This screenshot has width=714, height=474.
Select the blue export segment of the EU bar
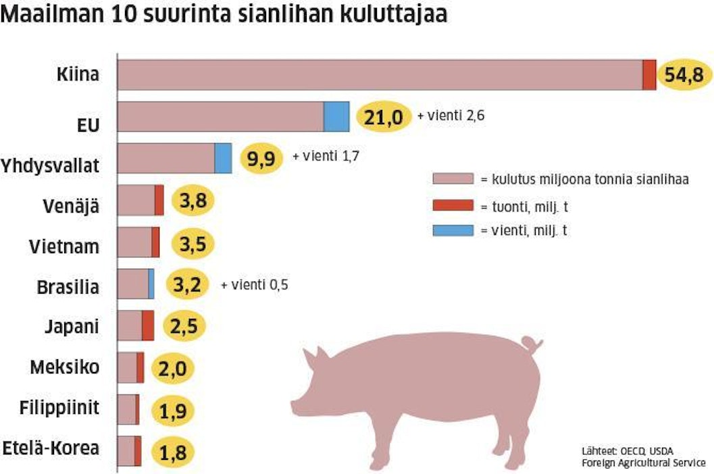(x=336, y=116)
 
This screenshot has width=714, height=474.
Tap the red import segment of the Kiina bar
(x=649, y=74)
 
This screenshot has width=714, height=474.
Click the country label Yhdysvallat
(x=51, y=165)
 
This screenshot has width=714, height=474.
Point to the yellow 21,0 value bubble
(x=383, y=117)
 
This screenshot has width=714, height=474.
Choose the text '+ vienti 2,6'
(x=451, y=115)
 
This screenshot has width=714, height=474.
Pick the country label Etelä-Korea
(x=51, y=448)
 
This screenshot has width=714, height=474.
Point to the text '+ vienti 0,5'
(x=255, y=284)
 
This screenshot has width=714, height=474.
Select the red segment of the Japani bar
(x=148, y=326)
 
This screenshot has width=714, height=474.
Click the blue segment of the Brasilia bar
(x=151, y=284)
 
